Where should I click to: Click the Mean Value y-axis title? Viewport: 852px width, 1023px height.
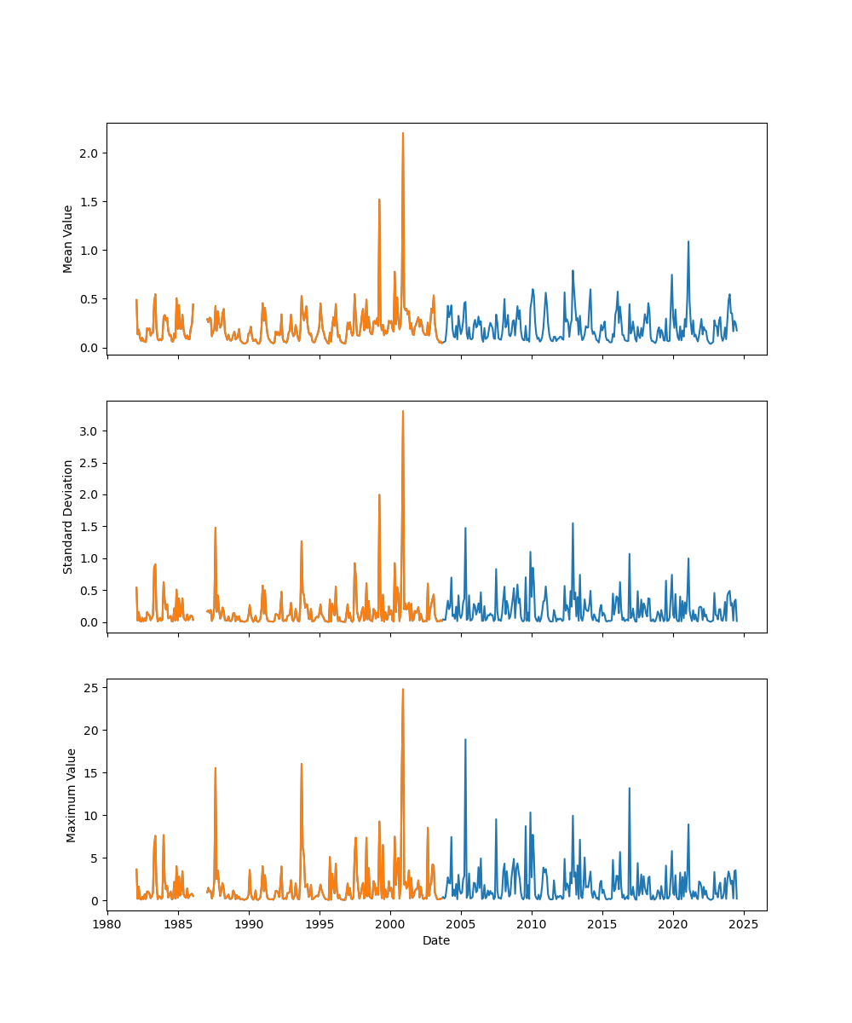coord(68,239)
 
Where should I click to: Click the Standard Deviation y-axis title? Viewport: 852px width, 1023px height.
coord(68,517)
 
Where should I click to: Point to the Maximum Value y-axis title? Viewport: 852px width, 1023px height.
coord(72,795)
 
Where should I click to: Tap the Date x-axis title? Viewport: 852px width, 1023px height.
coord(436,940)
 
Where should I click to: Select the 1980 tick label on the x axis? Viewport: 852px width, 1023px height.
coord(107,922)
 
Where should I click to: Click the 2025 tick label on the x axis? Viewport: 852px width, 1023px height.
coord(744,922)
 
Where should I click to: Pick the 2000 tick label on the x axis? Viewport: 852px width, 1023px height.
coord(390,922)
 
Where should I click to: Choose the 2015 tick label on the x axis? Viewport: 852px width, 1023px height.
coord(602,922)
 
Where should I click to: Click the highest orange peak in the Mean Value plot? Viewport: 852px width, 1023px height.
coord(403,133)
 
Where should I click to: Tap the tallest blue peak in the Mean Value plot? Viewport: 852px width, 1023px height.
coord(688,241)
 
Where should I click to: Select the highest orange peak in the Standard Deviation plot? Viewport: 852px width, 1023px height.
coord(403,411)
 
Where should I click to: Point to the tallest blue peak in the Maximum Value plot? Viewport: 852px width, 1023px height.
coord(465,739)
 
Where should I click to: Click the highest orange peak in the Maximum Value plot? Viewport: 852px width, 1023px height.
coord(403,689)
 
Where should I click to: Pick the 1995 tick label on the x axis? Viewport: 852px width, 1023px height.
coord(319,922)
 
